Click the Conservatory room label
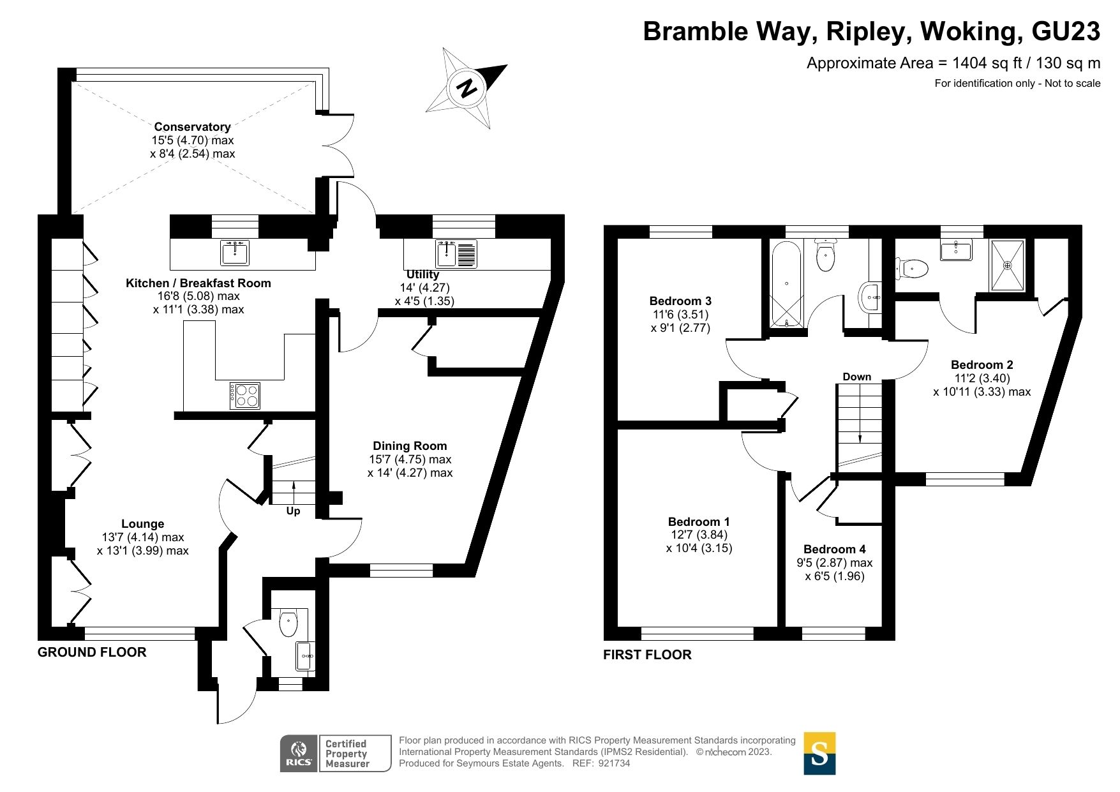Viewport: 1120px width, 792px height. pos(192,127)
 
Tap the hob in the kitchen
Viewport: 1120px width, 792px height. pos(245,396)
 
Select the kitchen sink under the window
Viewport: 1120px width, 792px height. pos(235,253)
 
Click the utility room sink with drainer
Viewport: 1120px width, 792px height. pos(456,253)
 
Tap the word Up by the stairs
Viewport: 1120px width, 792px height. pos(293,511)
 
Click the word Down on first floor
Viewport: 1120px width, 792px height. pos(856,377)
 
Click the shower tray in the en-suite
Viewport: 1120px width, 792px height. pos(1007,265)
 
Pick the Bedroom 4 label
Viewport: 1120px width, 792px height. pos(834,549)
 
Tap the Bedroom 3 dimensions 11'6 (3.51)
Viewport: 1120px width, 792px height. pos(680,315)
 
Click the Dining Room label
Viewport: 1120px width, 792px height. pos(410,446)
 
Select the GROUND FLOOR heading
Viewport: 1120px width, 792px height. pos(92,652)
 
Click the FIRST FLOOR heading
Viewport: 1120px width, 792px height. pos(647,655)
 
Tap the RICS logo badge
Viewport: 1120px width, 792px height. pos(299,754)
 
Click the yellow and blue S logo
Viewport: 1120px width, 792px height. pos(819,754)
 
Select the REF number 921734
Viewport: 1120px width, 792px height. pos(614,763)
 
